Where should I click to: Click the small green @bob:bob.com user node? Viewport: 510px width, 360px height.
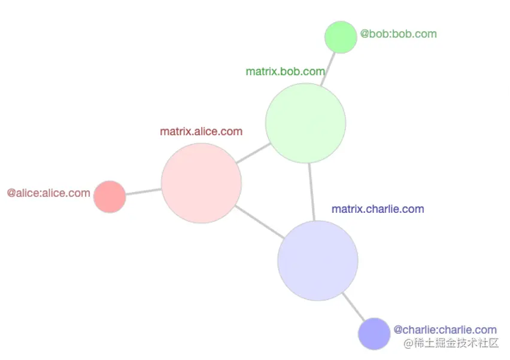pyautogui.click(x=341, y=37)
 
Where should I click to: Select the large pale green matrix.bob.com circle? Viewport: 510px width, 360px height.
pyautogui.click(x=306, y=123)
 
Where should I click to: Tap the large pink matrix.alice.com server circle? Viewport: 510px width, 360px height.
pyautogui.click(x=201, y=183)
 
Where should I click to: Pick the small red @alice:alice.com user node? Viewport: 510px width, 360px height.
pyautogui.click(x=110, y=197)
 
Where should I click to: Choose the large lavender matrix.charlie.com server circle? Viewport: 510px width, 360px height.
pyautogui.click(x=318, y=260)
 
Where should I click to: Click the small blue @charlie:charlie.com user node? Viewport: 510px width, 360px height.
pyautogui.click(x=374, y=334)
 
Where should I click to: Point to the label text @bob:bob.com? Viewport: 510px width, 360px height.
pyautogui.click(x=399, y=34)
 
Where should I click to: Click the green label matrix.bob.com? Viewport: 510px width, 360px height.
pyautogui.click(x=285, y=72)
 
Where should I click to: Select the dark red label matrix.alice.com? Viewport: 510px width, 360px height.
pyautogui.click(x=201, y=132)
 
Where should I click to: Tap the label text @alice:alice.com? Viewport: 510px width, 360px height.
pyautogui.click(x=48, y=194)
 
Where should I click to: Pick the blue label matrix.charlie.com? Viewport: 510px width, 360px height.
pyautogui.click(x=378, y=209)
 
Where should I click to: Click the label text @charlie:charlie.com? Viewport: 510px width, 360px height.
pyautogui.click(x=445, y=330)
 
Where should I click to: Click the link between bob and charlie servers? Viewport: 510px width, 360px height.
pyautogui.click(x=311, y=191)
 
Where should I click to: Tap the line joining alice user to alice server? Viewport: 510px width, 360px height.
pyautogui.click(x=144, y=192)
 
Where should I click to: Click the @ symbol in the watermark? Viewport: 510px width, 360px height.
pyautogui.click(x=408, y=343)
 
